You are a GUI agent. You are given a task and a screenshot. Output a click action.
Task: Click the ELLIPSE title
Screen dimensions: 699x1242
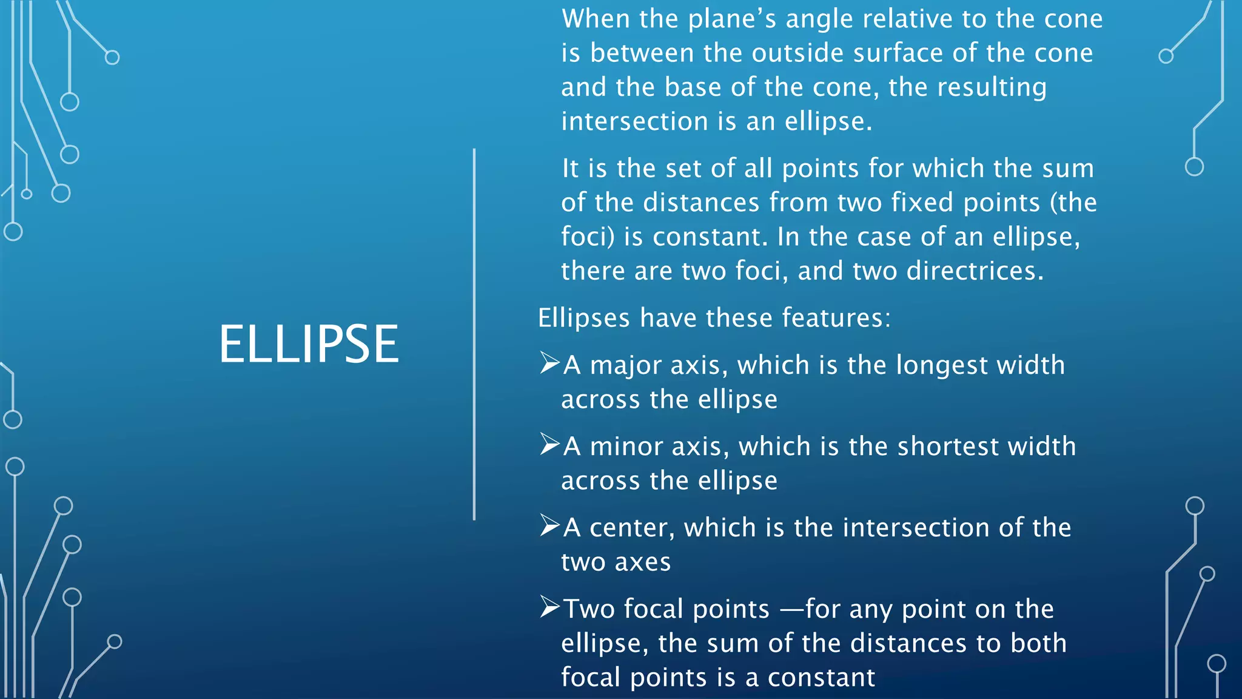click(x=309, y=344)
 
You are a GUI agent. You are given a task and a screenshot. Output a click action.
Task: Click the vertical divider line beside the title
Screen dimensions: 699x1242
click(x=474, y=334)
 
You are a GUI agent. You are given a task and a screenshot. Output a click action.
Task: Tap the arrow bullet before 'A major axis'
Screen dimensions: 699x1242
click(x=549, y=363)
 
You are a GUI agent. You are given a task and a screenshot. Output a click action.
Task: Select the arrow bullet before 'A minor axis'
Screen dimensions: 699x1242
click(x=549, y=444)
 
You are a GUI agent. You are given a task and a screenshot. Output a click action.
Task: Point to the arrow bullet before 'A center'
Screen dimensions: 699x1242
click(x=549, y=525)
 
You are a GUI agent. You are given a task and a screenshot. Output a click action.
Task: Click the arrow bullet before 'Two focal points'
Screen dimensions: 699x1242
click(x=549, y=607)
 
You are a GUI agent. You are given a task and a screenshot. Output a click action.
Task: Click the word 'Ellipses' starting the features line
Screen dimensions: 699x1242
click(x=583, y=319)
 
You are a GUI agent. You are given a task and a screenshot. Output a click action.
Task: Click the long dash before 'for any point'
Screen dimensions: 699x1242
click(x=791, y=609)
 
